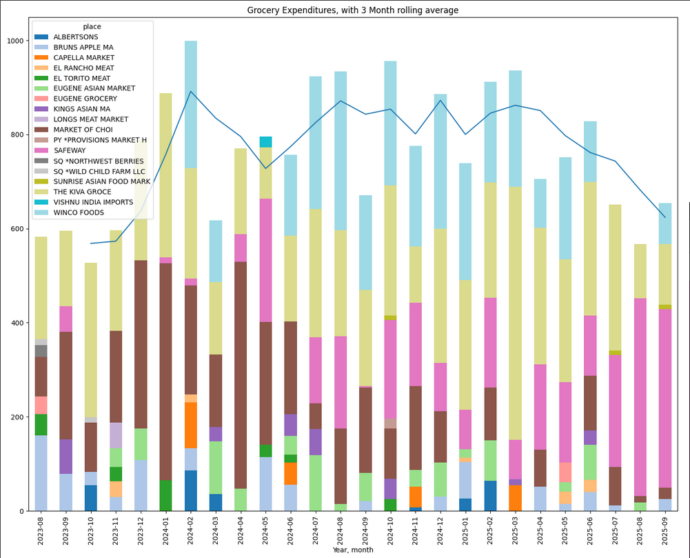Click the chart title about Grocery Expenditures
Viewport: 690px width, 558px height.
[352, 10]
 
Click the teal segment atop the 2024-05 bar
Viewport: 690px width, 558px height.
[265, 142]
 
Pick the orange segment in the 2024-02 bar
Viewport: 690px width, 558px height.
[190, 425]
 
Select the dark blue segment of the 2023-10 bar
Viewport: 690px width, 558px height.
[91, 498]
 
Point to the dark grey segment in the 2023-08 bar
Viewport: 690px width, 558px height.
[41, 351]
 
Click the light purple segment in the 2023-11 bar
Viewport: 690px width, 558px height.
[116, 435]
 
